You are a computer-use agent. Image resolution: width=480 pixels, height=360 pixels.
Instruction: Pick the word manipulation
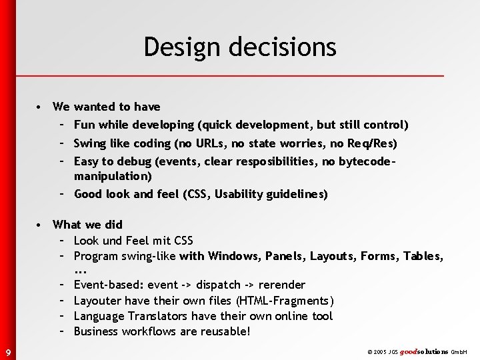(112, 177)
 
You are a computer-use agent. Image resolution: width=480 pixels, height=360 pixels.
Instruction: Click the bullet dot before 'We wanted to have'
(41, 107)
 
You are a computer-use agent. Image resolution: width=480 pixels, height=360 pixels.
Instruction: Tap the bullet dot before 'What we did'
(41, 225)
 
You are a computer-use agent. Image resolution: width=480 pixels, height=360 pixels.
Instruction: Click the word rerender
(283, 285)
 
